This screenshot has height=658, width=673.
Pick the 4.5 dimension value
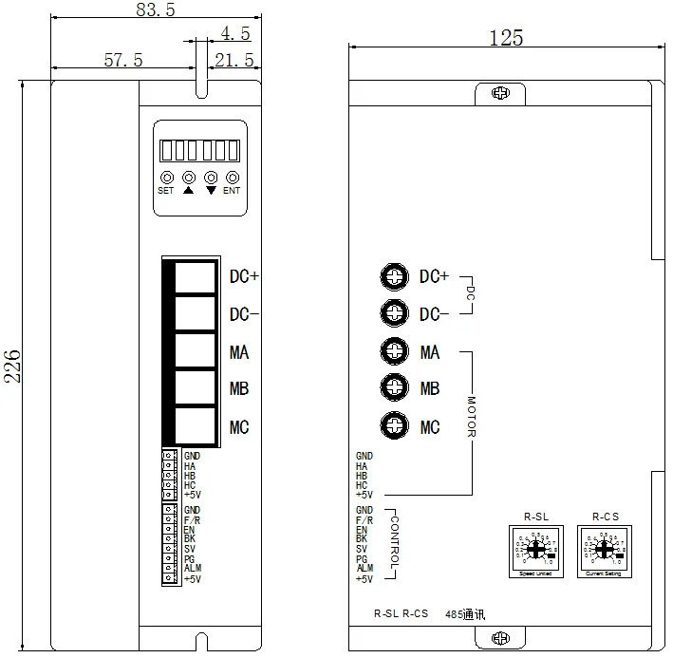[234, 33]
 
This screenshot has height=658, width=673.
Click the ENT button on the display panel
[232, 178]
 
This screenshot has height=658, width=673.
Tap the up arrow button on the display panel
[188, 178]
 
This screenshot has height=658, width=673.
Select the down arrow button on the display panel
[210, 178]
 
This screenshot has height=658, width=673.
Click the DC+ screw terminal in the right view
[393, 276]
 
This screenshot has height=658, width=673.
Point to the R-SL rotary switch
[533, 549]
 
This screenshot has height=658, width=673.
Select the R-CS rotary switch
[604, 549]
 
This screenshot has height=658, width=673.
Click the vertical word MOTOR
[471, 417]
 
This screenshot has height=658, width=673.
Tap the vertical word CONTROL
[395, 539]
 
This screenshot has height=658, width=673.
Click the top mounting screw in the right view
[498, 93]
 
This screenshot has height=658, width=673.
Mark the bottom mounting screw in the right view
[498, 638]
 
